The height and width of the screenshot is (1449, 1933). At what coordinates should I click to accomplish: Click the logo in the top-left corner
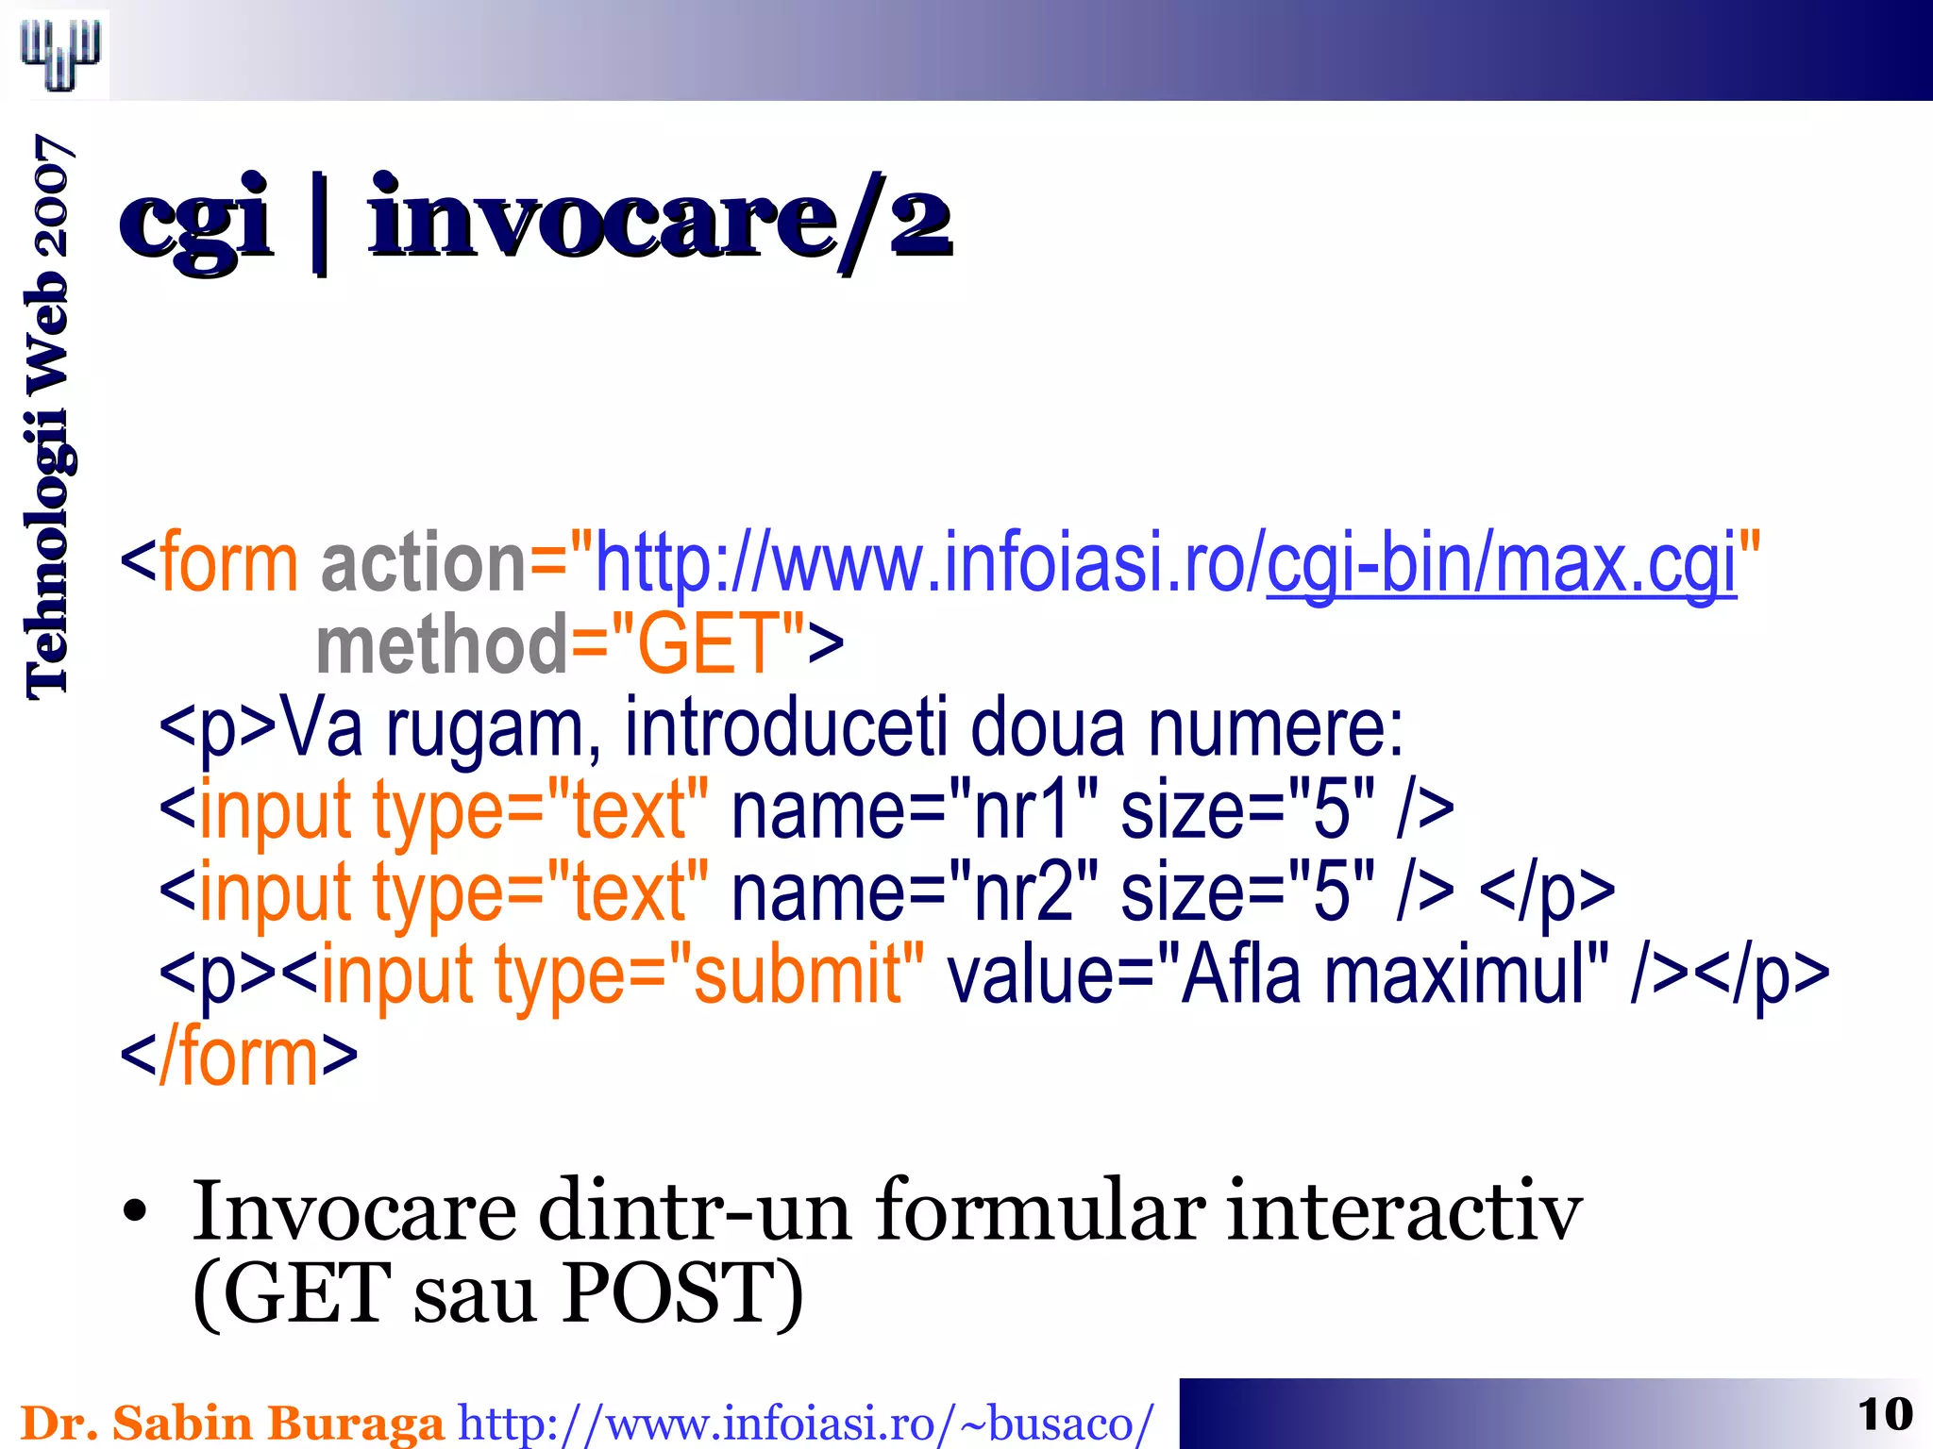tap(60, 54)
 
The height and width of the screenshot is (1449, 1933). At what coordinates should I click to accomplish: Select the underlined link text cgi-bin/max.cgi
tap(1501, 564)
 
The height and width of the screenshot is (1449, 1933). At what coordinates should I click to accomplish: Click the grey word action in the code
tap(423, 564)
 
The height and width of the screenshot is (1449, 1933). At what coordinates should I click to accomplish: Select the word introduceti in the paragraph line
tap(785, 727)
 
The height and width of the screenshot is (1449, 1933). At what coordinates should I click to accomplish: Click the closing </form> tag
tap(239, 1056)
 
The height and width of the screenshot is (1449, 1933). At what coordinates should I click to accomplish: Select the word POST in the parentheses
tap(671, 1292)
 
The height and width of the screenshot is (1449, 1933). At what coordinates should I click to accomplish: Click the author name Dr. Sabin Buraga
tap(231, 1422)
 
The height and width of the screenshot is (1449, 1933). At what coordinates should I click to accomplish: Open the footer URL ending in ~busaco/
tap(805, 1423)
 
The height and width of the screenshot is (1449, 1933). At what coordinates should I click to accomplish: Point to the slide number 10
tap(1884, 1414)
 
